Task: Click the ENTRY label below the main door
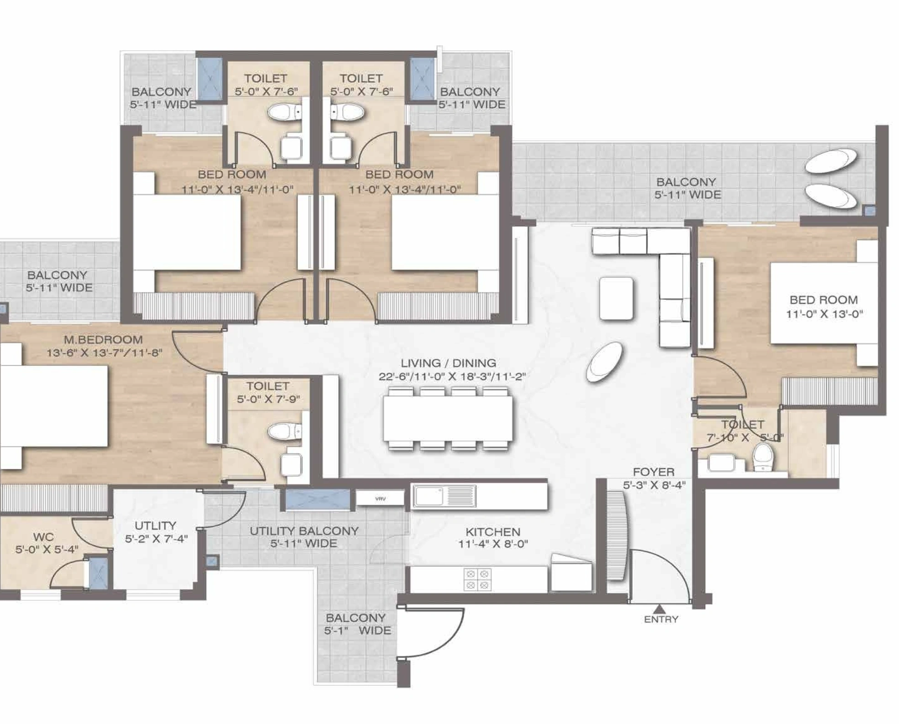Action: pyautogui.click(x=661, y=619)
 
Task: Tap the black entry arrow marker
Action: pyautogui.click(x=659, y=609)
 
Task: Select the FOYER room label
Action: pyautogui.click(x=654, y=472)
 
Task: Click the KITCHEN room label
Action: pyautogui.click(x=493, y=532)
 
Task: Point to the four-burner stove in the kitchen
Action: pyautogui.click(x=477, y=579)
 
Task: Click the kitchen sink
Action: pyautogui.click(x=444, y=496)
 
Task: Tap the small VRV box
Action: pyautogui.click(x=380, y=498)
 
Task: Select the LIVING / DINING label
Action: pyautogui.click(x=448, y=363)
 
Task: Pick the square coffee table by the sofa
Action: pyautogui.click(x=616, y=298)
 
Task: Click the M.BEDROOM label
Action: pyautogui.click(x=103, y=340)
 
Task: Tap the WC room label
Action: pyautogui.click(x=43, y=537)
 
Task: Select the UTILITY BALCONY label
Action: pyautogui.click(x=304, y=531)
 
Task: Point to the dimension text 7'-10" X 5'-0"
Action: pyautogui.click(x=746, y=437)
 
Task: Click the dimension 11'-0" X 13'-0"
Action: pyautogui.click(x=824, y=314)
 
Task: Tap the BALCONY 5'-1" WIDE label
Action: pyautogui.click(x=358, y=624)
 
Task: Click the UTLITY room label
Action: pyautogui.click(x=155, y=525)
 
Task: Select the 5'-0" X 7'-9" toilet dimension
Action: pyautogui.click(x=268, y=399)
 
